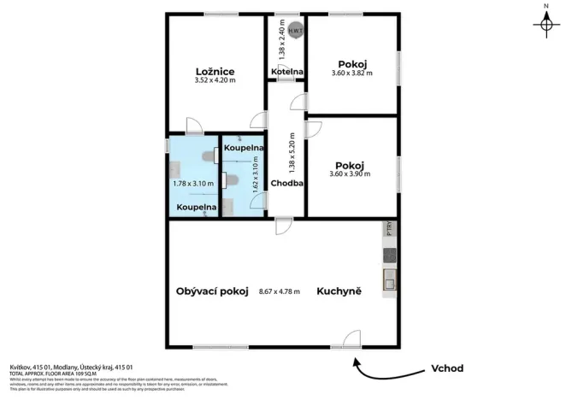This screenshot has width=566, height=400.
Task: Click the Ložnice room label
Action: coord(215,71)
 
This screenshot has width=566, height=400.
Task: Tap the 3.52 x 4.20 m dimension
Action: coord(215,80)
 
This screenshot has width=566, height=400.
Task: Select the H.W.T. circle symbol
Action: coord(294,31)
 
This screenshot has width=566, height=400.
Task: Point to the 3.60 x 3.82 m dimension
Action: coord(353,74)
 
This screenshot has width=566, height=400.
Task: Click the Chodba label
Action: coord(286,183)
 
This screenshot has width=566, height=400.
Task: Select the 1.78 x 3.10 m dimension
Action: coord(192,183)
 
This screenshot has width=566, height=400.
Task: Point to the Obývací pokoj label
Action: coord(212,291)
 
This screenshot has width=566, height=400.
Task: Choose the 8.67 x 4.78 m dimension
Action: coord(280,291)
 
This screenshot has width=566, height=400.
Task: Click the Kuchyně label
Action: coord(339,291)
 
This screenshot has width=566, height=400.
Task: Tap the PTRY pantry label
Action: coord(389,229)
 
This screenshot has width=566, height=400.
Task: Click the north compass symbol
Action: coord(545,25)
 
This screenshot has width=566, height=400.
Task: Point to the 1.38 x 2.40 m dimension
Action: coord(281,39)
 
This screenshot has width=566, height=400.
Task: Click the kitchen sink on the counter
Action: coord(389,277)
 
